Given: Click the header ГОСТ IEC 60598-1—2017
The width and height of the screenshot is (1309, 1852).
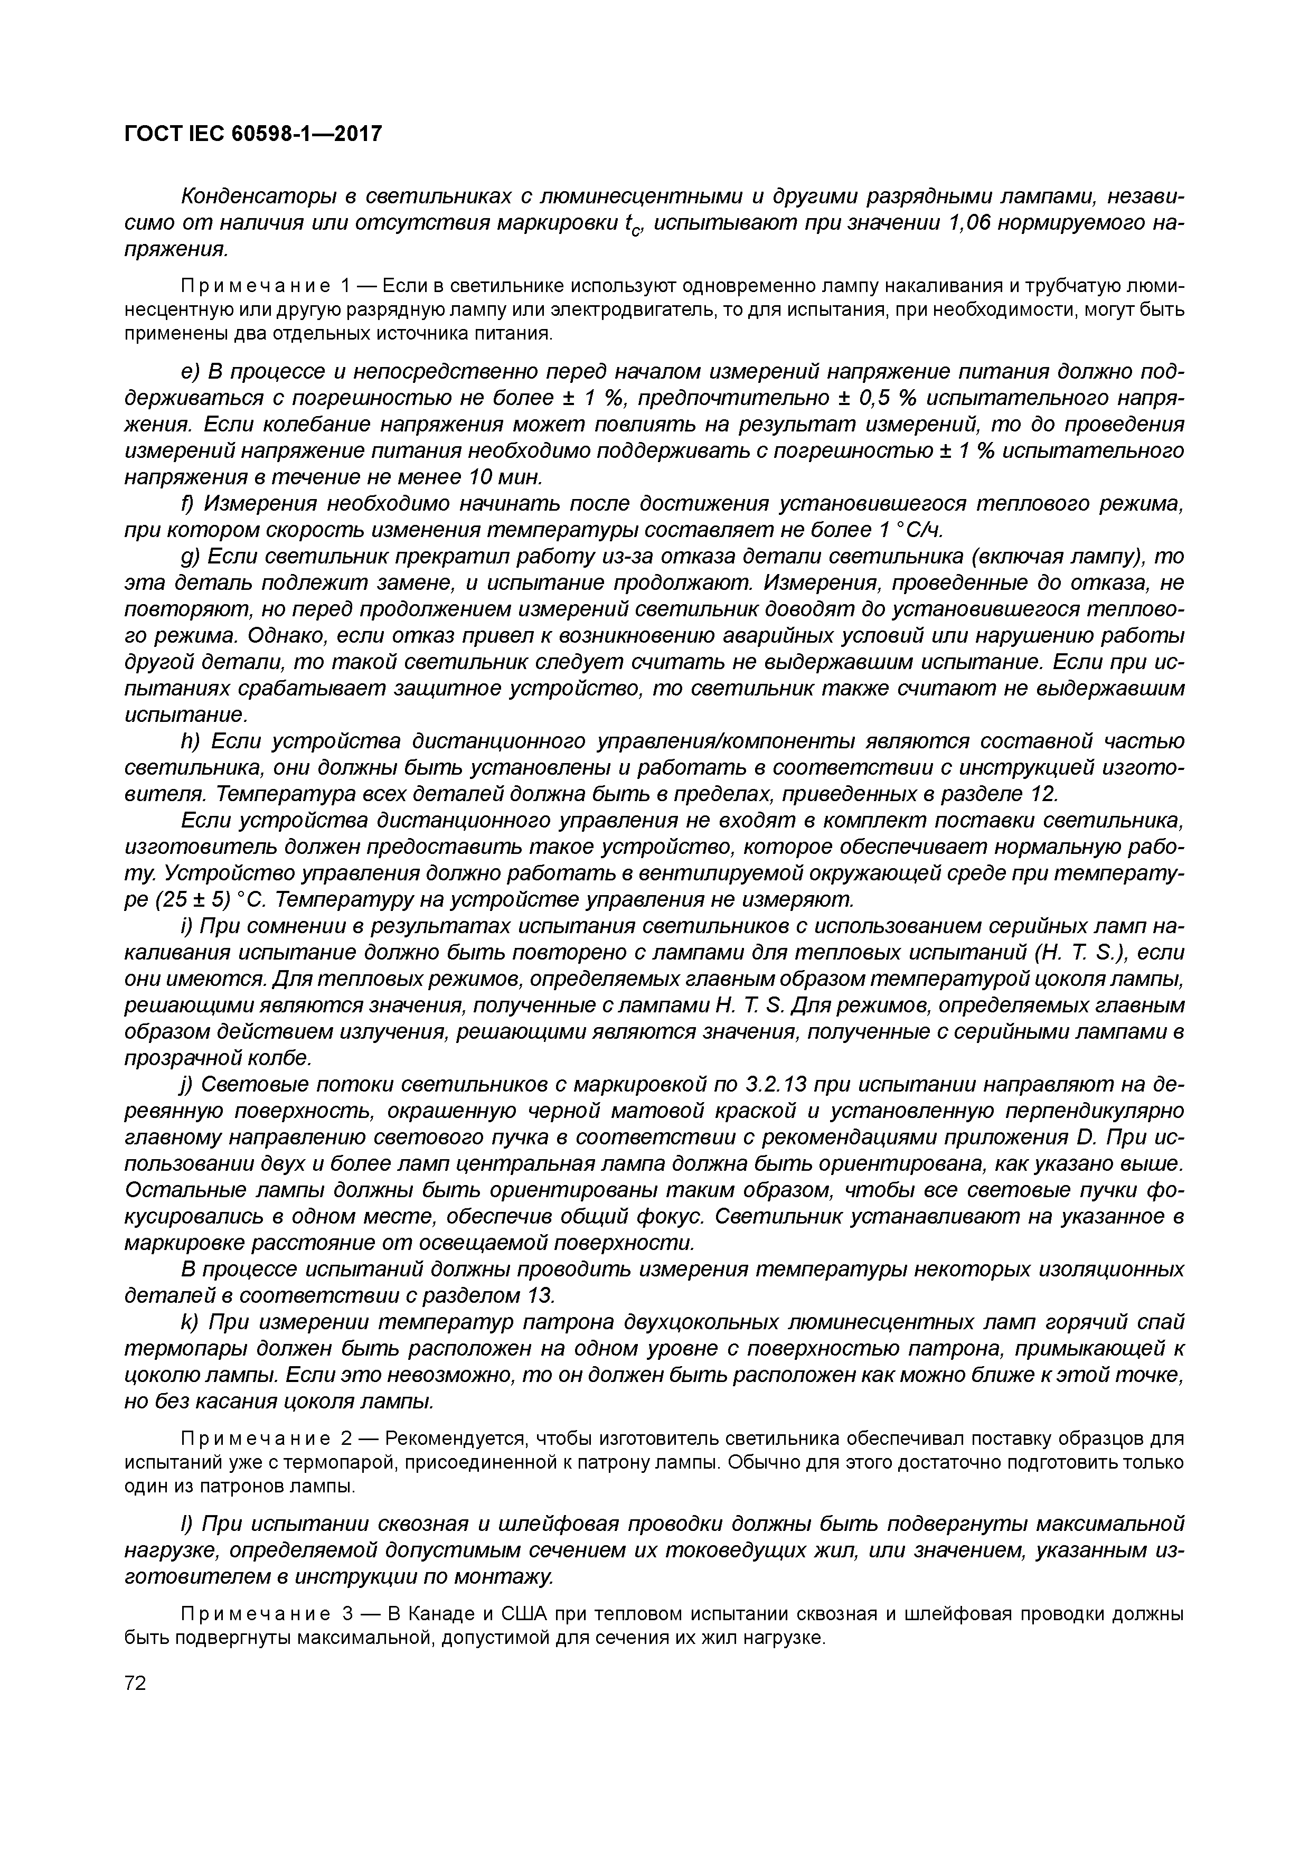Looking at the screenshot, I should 252,133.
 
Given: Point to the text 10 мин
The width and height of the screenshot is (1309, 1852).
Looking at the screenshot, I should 504,477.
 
